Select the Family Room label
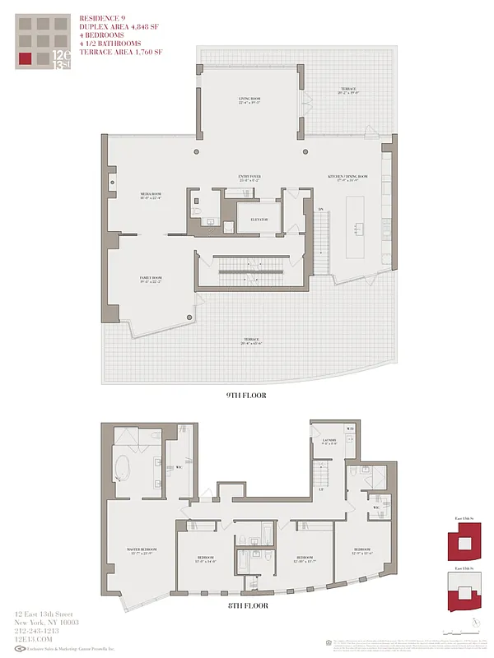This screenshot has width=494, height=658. (x=149, y=280)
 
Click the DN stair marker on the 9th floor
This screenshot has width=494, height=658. (x=321, y=209)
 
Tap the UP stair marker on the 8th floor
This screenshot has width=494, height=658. (x=319, y=489)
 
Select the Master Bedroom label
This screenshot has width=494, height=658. (x=142, y=550)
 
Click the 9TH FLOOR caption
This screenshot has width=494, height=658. (x=246, y=395)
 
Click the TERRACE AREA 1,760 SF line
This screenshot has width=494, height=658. (x=122, y=52)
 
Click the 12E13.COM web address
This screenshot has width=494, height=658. (x=34, y=639)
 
